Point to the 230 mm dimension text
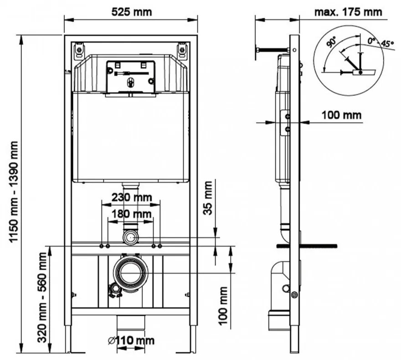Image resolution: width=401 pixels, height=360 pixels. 130,198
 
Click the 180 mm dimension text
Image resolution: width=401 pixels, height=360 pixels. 130,213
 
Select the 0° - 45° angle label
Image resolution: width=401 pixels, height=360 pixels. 380,43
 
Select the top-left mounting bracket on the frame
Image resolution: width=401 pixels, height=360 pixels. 79,50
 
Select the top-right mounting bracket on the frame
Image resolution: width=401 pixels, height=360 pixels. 182,50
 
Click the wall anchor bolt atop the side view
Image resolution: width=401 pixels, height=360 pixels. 272,50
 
